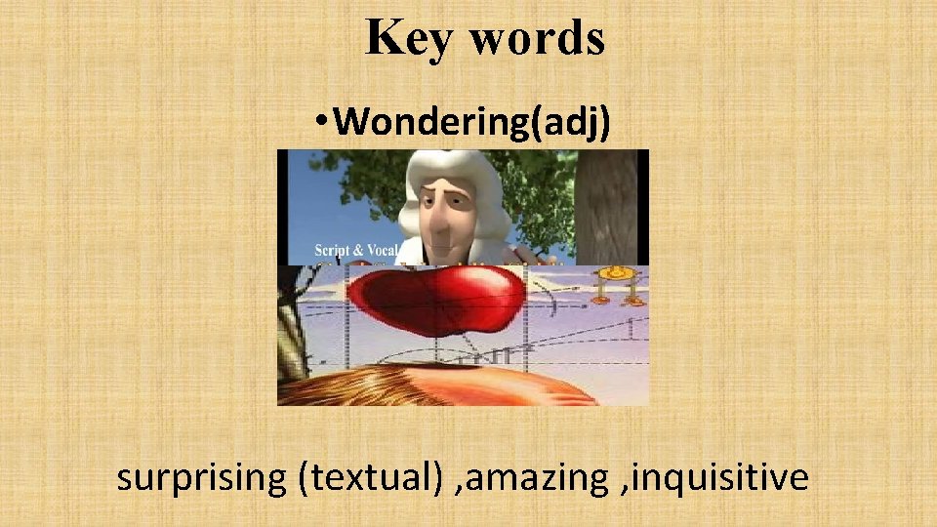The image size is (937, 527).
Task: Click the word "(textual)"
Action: coord(371,478)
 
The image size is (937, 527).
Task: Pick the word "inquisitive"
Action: coord(721,478)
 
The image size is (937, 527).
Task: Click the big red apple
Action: coord(439,298)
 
